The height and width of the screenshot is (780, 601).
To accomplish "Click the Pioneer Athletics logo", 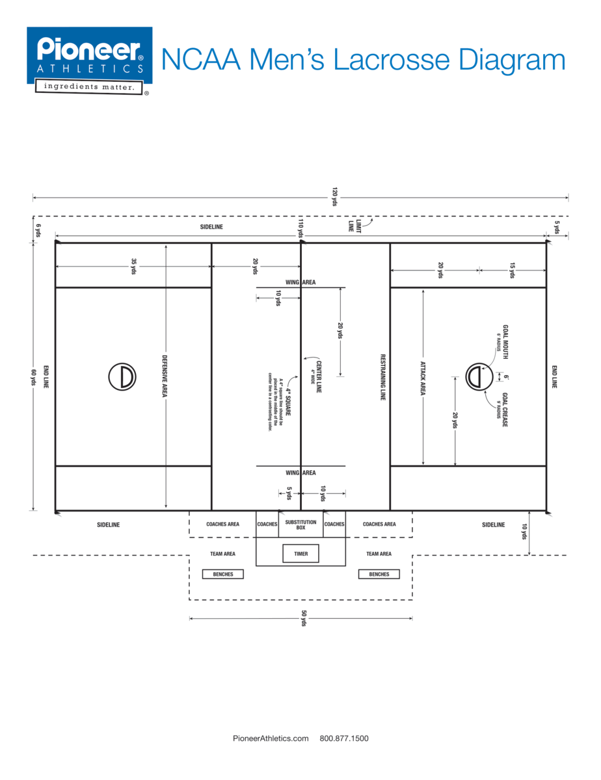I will tap(89, 60).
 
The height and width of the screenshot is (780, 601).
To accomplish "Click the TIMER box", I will tap(301, 554).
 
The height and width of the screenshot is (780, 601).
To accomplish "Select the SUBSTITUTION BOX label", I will tap(300, 525).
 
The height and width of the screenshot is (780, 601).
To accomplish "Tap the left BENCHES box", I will tap(222, 574).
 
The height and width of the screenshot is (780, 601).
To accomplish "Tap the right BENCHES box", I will tap(379, 574).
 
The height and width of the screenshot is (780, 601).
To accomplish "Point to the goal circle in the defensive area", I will tap(122, 376).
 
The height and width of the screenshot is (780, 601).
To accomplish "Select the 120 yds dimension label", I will tap(334, 197).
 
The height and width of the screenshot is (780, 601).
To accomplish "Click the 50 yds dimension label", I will tap(303, 618).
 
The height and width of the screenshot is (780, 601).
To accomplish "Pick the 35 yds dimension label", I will tap(134, 266).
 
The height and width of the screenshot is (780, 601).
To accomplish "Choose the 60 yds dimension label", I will tap(33, 376).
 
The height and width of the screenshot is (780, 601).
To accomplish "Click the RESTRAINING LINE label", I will tap(382, 376).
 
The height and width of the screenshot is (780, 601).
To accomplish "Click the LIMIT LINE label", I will tap(354, 226).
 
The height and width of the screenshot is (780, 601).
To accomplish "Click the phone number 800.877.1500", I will tap(344, 738).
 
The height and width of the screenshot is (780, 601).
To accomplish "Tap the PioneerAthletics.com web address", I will tap(271, 738).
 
